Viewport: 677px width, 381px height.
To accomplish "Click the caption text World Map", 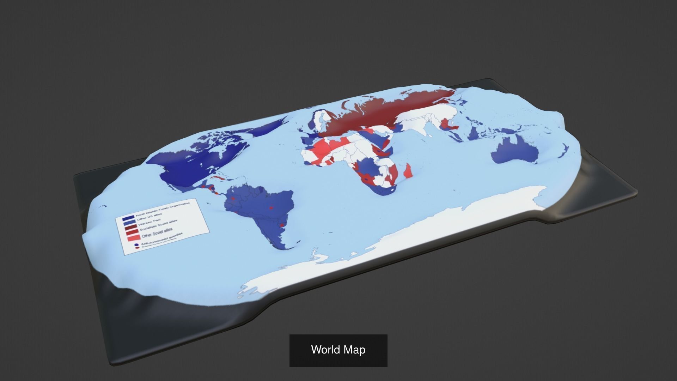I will (338, 350).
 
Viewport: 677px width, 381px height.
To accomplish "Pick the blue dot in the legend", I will (136, 244).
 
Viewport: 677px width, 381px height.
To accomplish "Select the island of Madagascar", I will (408, 171).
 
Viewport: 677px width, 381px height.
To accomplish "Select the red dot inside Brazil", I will (271, 208).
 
